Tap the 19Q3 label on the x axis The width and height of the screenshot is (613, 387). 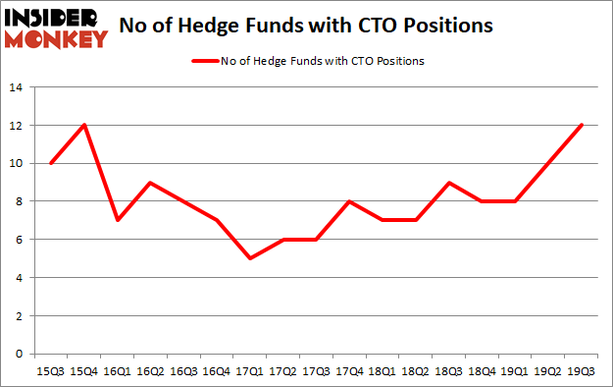coord(585,371)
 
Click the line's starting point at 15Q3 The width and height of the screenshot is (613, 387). coord(51,163)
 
